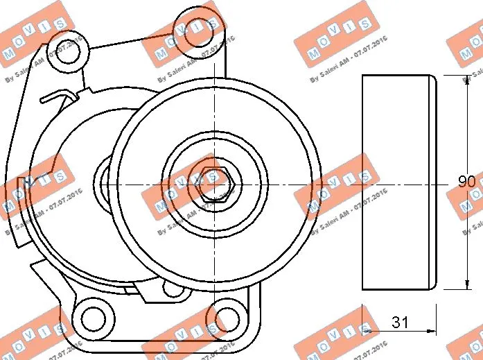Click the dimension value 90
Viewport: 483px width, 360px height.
(x=466, y=182)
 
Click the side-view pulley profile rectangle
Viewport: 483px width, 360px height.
(x=399, y=182)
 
